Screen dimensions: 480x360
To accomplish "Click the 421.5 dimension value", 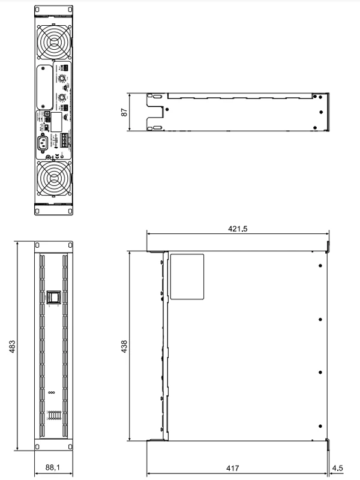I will pos(237,229).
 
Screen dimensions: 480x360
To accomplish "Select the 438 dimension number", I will pos(124,346).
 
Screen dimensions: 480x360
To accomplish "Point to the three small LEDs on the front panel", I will pos(53,393).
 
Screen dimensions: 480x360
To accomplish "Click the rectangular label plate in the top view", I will pos(187,277).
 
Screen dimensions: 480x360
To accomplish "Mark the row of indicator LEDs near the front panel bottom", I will pos(53,416).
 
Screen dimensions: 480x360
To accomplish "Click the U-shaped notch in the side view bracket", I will pos(157,110).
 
